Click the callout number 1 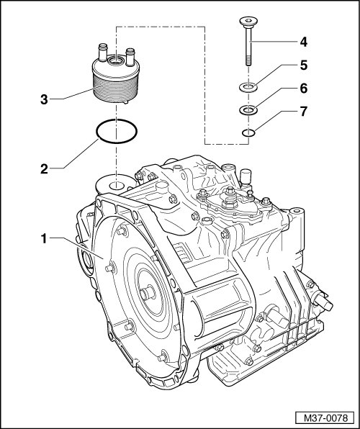coord(44,238)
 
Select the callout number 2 coord(44,169)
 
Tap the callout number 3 coord(44,99)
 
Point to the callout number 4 coord(303,42)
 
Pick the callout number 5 coord(303,66)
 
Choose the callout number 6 coord(303,89)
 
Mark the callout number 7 coord(303,112)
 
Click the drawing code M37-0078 coord(325,418)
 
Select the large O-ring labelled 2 coord(96,131)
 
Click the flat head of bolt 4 coord(248,21)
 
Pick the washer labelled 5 coord(248,88)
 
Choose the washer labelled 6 coord(248,111)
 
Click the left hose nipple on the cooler coord(103,52)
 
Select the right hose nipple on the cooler coord(130,57)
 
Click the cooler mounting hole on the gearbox coord(117,186)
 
